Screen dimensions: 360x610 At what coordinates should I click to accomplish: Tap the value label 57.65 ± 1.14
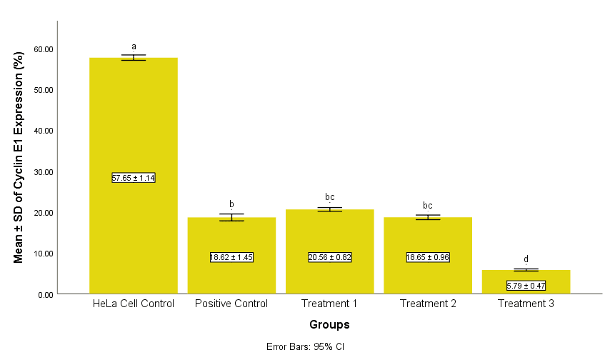click(134, 178)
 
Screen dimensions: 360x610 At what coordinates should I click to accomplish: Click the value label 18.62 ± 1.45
click(231, 257)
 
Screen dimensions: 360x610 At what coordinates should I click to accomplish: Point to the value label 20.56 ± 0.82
click(330, 257)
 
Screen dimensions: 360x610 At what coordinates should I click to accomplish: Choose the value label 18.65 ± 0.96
click(428, 257)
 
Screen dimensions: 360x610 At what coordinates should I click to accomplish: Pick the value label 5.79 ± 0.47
click(526, 286)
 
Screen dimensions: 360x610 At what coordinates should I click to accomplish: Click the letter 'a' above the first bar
click(134, 46)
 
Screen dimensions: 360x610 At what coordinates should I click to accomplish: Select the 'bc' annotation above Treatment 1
click(330, 197)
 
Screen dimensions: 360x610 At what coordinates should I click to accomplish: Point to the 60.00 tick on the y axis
click(44, 49)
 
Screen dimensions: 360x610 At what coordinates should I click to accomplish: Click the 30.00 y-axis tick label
click(44, 172)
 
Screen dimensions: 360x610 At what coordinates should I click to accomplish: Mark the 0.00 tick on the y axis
click(46, 294)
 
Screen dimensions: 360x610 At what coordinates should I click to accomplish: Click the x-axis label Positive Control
click(231, 304)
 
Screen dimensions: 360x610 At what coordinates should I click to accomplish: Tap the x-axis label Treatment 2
click(428, 304)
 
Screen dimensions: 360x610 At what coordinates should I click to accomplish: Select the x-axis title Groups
click(329, 325)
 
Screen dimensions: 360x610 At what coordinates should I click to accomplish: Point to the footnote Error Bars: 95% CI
click(305, 347)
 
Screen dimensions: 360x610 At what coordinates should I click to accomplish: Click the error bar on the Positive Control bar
click(231, 217)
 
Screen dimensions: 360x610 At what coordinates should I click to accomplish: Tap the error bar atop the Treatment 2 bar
click(428, 217)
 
